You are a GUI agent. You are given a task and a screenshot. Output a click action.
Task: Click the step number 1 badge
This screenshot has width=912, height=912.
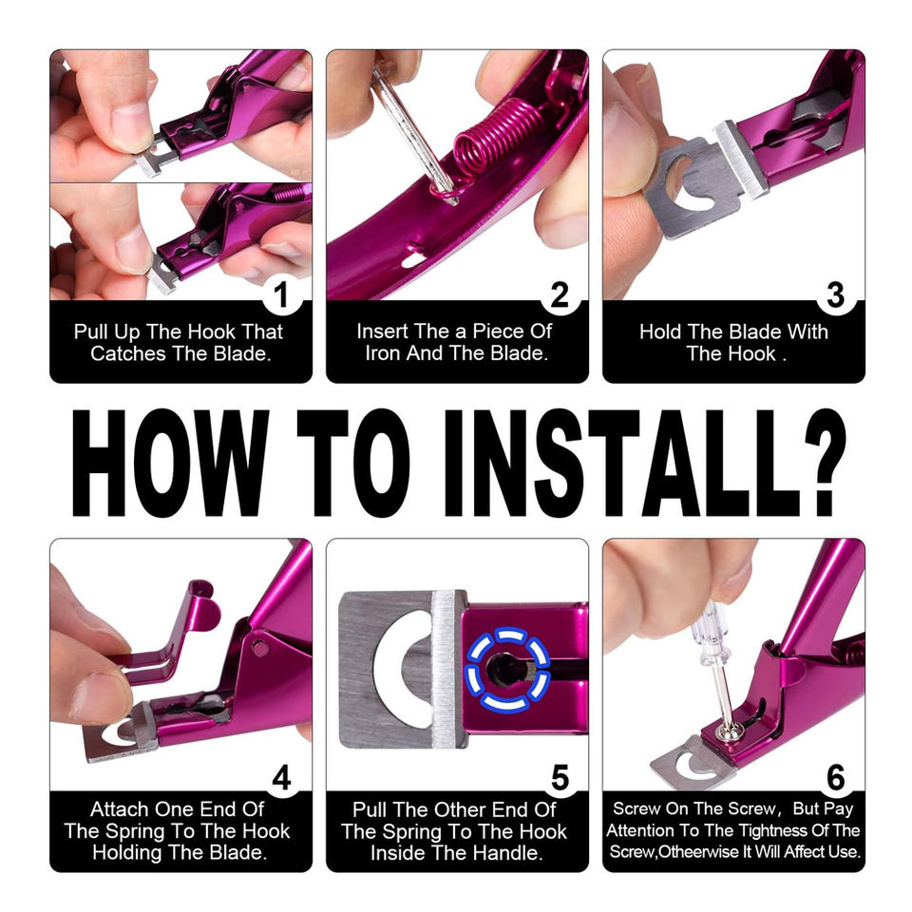click(281, 294)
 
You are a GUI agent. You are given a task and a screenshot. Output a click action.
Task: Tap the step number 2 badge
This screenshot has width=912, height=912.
click(560, 294)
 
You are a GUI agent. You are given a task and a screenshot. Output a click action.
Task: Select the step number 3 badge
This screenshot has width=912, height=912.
click(835, 294)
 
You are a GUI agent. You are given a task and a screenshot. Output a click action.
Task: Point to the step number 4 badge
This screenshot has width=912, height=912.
click(281, 778)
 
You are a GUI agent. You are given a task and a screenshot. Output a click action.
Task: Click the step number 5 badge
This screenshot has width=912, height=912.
click(560, 778)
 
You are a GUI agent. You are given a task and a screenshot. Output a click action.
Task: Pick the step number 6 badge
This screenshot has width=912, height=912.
click(835, 778)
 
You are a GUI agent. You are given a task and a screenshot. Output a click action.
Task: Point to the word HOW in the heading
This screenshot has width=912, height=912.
click(170, 463)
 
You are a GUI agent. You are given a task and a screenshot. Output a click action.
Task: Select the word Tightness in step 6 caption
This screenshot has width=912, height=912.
click(764, 830)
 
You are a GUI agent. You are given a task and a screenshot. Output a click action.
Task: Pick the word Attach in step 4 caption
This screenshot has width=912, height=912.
click(118, 809)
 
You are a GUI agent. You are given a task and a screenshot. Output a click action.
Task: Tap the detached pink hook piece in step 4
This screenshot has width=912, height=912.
click(169, 634)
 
